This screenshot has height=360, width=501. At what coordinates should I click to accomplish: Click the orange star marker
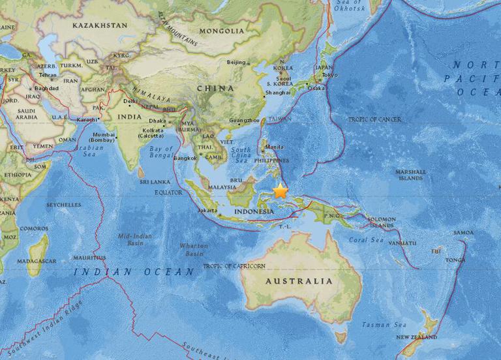(281, 191)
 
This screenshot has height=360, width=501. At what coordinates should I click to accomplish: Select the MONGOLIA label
(222, 31)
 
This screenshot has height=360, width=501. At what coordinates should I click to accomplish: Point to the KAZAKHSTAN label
(100, 25)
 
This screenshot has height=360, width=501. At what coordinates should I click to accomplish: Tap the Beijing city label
(235, 63)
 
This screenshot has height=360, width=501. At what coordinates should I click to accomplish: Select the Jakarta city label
(207, 211)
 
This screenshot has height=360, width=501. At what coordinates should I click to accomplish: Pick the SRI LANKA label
(155, 182)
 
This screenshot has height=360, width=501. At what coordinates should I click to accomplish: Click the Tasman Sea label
(386, 325)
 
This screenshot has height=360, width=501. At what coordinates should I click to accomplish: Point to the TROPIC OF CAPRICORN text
(234, 266)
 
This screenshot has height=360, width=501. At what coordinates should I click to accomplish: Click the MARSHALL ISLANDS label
(412, 175)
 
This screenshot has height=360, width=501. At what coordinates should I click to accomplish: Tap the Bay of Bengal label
(161, 152)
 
